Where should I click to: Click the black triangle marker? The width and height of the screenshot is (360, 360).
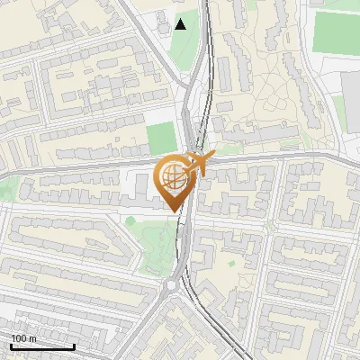[x=181, y=24]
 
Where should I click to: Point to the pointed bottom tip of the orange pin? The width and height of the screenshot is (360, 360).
[x=174, y=211]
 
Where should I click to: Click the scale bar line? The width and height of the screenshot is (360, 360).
[x=42, y=346]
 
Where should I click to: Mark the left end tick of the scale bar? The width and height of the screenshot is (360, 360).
[x=11, y=346]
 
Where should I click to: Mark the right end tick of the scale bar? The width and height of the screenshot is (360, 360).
[x=74, y=346]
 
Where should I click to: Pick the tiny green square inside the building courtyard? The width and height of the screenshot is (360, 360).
[x=231, y=264]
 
